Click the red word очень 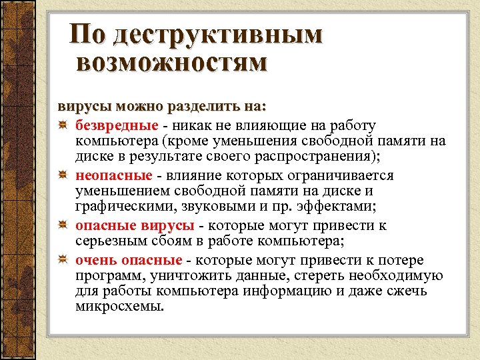click(x=95, y=260)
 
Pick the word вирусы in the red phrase click(x=169, y=225)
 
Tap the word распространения click(x=317, y=157)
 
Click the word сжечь click(x=409, y=292)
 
